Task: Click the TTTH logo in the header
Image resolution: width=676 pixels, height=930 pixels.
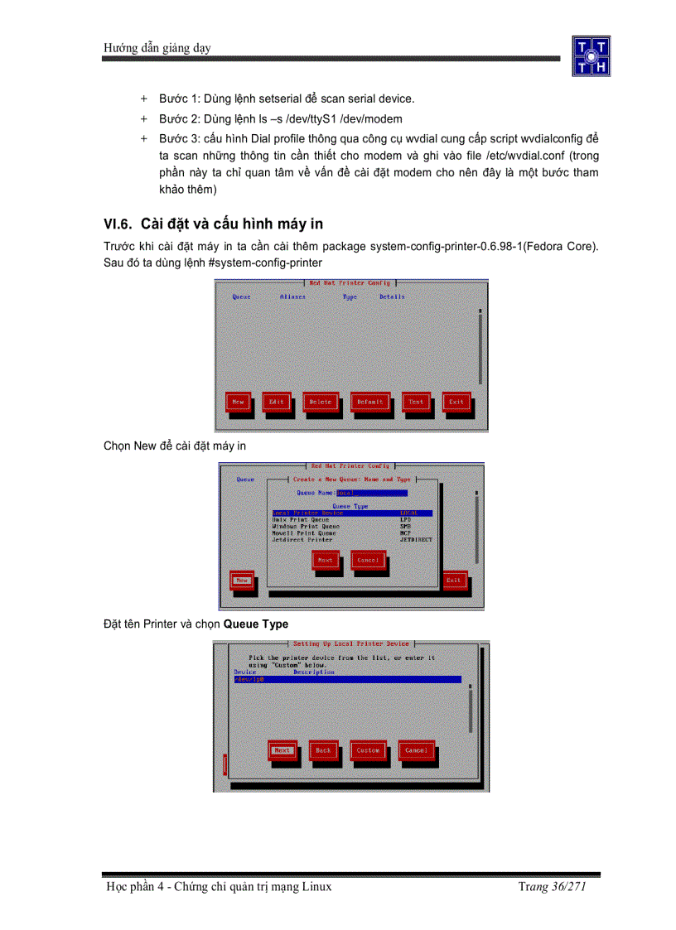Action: [x=591, y=56]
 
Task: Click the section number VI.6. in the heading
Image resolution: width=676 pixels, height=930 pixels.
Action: [x=118, y=224]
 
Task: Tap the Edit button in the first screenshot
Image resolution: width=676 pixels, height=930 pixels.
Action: [x=276, y=402]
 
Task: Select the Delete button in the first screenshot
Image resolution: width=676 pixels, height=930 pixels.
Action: [x=320, y=402]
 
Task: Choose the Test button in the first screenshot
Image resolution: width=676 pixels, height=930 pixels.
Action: [x=415, y=402]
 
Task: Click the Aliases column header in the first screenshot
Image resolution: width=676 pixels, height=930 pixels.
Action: [x=292, y=296]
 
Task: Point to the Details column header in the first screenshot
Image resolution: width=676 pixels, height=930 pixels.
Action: [x=392, y=296]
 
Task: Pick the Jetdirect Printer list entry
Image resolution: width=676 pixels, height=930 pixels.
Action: [x=302, y=540]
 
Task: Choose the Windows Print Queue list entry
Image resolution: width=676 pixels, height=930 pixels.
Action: [x=306, y=527]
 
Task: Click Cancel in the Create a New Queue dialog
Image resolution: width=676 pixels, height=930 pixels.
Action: [x=367, y=561]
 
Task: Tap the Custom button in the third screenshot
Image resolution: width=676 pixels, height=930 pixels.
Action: [x=368, y=750]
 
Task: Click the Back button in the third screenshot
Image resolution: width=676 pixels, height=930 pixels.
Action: [x=323, y=750]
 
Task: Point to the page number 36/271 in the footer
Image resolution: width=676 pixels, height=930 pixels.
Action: [x=565, y=887]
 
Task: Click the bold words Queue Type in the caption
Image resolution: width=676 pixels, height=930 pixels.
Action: [x=256, y=624]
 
